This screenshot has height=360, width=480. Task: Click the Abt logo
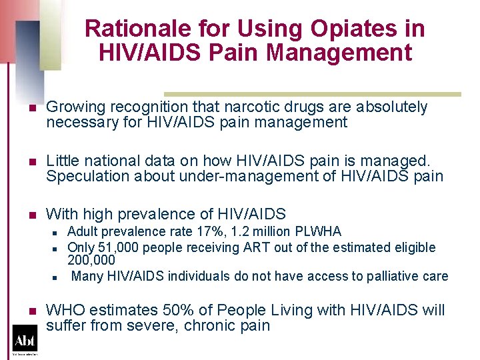point(25,339)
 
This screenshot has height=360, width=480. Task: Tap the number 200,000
point(91,260)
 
